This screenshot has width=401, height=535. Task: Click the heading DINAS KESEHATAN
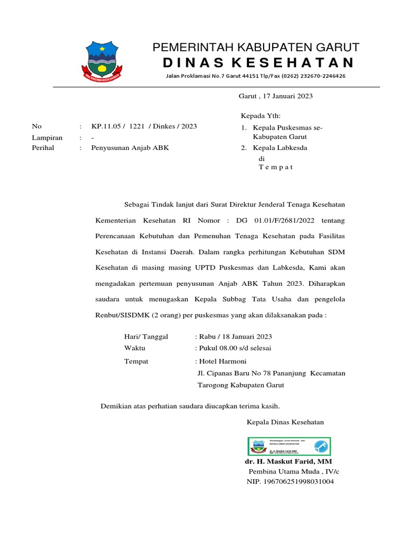pos(258,63)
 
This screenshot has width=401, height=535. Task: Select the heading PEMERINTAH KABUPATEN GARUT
pos(256,48)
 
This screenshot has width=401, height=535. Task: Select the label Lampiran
pos(47,138)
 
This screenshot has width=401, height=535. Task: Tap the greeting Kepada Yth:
pos(261,116)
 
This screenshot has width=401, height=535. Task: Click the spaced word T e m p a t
pos(276,167)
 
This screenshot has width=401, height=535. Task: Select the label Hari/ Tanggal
pos(146,337)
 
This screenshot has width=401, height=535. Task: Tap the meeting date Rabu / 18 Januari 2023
pos(234,337)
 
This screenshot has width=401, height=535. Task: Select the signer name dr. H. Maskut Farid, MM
pos(288,462)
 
